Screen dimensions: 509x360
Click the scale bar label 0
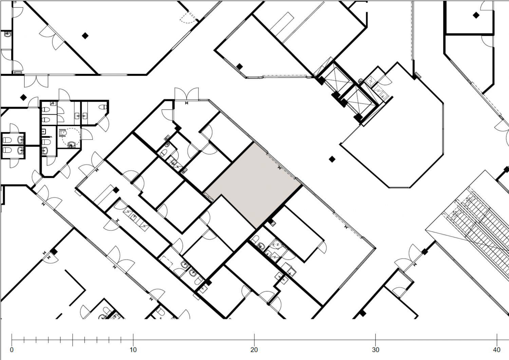pyautogui.click(x=12, y=350)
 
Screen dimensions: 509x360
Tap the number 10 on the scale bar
pyautogui.click(x=133, y=350)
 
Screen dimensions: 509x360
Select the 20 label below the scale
pyautogui.click(x=254, y=350)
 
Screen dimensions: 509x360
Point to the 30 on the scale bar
pyautogui.click(x=376, y=350)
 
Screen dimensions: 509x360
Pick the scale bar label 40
pyautogui.click(x=497, y=350)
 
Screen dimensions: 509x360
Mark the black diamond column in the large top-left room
pyautogui.click(x=85, y=36)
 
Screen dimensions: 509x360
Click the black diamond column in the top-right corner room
pyautogui.click(x=476, y=15)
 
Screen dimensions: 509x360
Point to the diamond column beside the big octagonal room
pyautogui.click(x=332, y=159)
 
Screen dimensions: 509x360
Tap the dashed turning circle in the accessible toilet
pyautogui.click(x=72, y=137)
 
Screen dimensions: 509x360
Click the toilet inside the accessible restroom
pyautogui.click(x=62, y=133)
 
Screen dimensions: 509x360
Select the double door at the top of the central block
pyautogui.click(x=187, y=94)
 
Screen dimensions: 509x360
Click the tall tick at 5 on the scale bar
pyautogui.click(x=73, y=340)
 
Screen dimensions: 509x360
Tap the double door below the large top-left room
pyautogui.click(x=36, y=81)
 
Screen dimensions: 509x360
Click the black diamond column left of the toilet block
pyautogui.click(x=23, y=97)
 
